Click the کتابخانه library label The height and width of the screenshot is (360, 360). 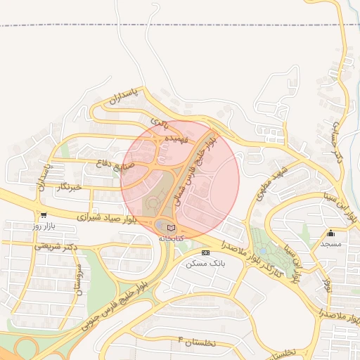click(x=171, y=238)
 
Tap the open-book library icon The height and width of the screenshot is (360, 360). click(x=172, y=227)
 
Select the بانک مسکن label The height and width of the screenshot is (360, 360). click(x=205, y=263)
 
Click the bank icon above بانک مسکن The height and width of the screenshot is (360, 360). click(x=205, y=252)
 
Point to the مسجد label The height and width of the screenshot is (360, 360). click(x=330, y=243)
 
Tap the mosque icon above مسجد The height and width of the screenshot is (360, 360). click(x=330, y=233)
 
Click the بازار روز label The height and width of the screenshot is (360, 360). click(x=44, y=226)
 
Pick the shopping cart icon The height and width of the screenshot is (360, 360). click(x=44, y=216)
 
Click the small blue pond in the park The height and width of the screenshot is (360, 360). click(x=262, y=250)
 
